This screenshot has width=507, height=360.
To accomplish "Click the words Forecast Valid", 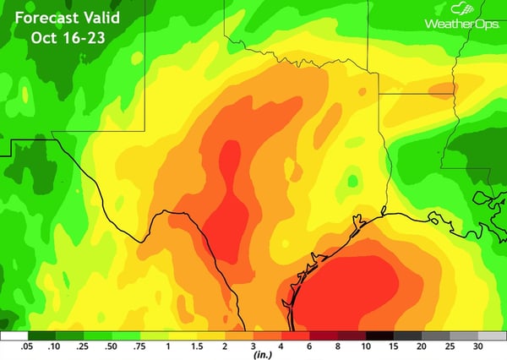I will coord(67,17).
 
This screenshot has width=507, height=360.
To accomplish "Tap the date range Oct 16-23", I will coord(67,39).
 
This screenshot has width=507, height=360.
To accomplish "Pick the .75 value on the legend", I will coord(139,346).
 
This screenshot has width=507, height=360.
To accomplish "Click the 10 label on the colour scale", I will coord(365,346).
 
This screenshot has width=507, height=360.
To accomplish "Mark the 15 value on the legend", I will coord(393,346).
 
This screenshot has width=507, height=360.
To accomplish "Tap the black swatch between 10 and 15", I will coord(379,335).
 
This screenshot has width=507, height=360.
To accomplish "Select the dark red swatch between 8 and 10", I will coord(352,335).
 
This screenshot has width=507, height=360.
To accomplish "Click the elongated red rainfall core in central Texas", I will coord(226,203).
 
